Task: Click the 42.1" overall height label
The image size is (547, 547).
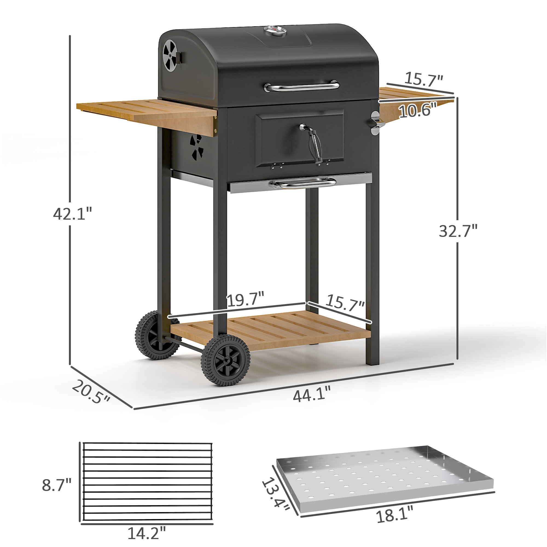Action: point(72,214)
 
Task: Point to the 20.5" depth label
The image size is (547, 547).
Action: point(91,392)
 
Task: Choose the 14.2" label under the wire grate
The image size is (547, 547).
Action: point(146,533)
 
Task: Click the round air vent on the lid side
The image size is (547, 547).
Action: point(170,55)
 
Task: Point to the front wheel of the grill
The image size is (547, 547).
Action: point(226,360)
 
